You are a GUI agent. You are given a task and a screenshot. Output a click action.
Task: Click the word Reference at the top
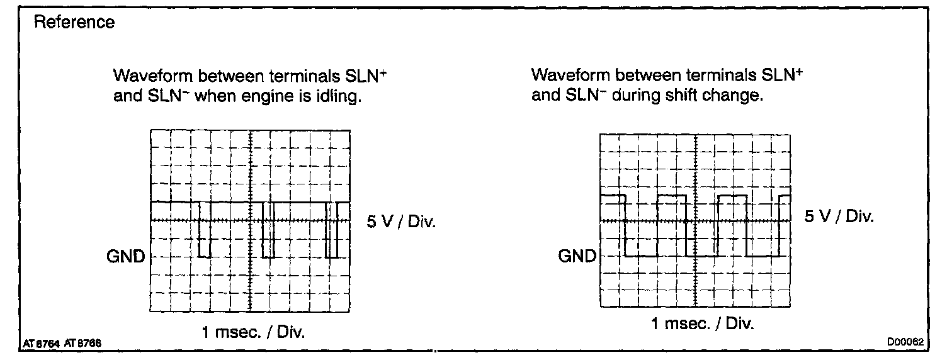tap(74, 23)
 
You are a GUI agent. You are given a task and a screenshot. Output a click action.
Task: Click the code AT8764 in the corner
tap(40, 343)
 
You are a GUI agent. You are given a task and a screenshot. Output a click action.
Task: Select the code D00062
tap(905, 342)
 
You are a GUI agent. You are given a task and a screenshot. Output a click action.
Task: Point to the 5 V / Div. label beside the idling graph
tap(401, 223)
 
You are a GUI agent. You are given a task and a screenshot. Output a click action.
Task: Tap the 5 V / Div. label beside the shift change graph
tap(840, 217)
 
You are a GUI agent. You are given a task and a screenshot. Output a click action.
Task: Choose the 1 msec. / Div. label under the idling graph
tap(253, 333)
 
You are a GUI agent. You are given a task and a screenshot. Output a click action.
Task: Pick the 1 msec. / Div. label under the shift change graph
tap(701, 325)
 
